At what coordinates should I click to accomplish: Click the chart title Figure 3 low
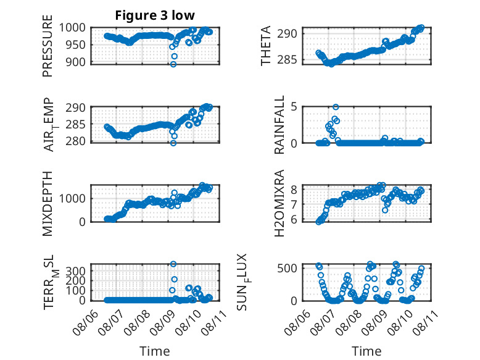pos(151,15)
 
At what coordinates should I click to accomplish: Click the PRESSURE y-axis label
pos(48,50)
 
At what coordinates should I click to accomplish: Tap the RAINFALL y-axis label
pos(279,124)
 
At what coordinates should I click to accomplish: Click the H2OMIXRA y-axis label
pos(279,203)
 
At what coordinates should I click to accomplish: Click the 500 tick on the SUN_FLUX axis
pos(291,267)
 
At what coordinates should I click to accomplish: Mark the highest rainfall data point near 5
pos(336,107)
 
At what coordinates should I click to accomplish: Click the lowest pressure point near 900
pos(173,64)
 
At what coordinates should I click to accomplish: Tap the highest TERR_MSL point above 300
pos(173,264)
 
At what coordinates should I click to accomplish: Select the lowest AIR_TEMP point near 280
pos(173,143)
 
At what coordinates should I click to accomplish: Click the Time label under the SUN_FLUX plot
pos(366,351)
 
